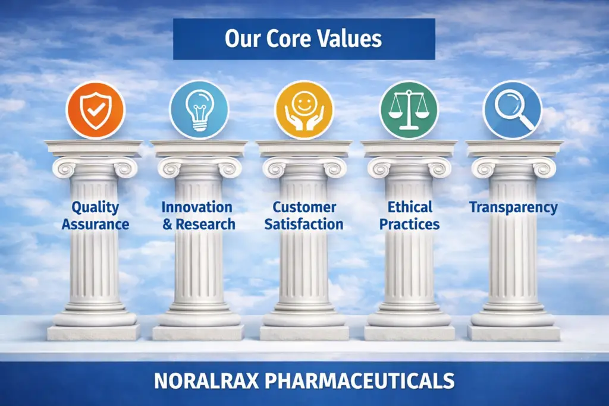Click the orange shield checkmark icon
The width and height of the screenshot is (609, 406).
pyautogui.click(x=95, y=110)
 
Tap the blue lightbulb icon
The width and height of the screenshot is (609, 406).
pyautogui.click(x=199, y=110)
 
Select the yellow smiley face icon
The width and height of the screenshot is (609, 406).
pyautogui.click(x=304, y=110)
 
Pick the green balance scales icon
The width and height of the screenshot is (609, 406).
pyautogui.click(x=409, y=110)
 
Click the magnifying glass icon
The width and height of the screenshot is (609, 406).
pyautogui.click(x=512, y=110)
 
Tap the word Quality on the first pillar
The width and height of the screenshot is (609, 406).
pyautogui.click(x=95, y=207)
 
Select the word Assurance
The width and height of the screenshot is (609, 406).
pyautogui.click(x=95, y=225)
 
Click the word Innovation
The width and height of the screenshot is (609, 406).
pyautogui.click(x=197, y=207)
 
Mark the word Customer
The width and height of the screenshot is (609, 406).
pyautogui.click(x=304, y=207)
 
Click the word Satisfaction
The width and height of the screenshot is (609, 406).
pyautogui.click(x=304, y=225)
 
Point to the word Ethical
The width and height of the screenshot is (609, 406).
pyautogui.click(x=410, y=207)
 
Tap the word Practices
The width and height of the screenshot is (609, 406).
pyautogui.click(x=410, y=225)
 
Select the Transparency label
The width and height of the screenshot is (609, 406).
pyautogui.click(x=513, y=207)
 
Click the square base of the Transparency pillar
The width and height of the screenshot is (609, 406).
pyautogui.click(x=514, y=332)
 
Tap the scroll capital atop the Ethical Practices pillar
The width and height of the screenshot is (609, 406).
pyautogui.click(x=409, y=167)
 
